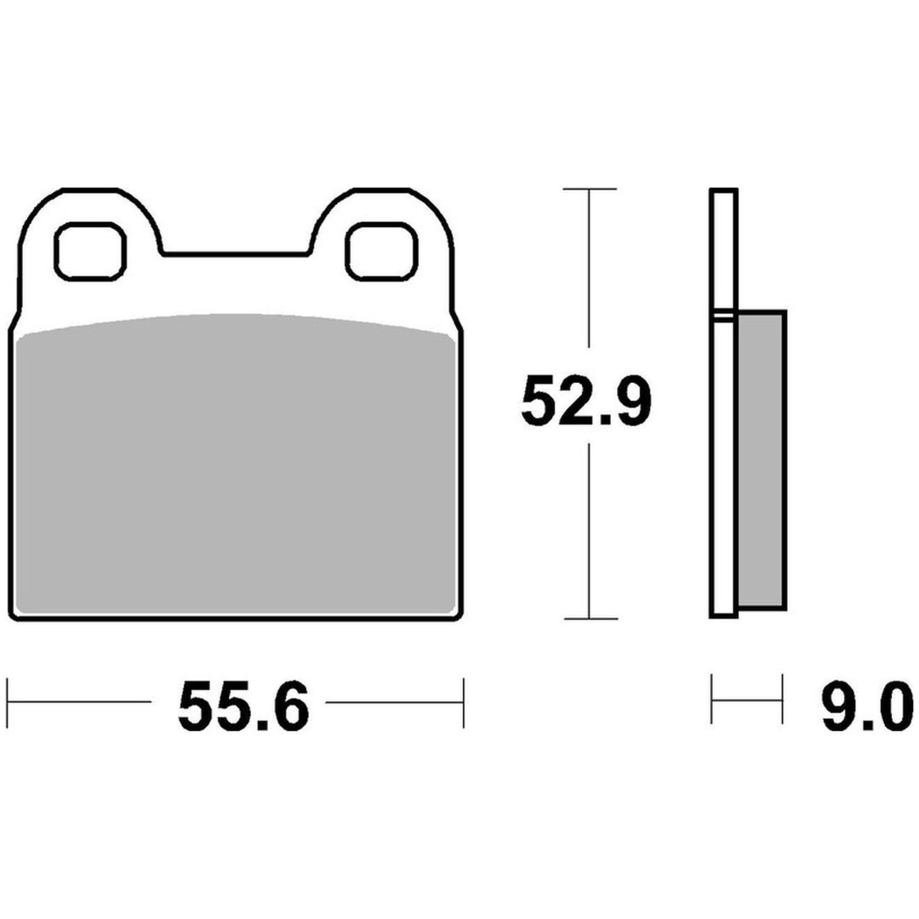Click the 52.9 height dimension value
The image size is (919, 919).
click(585, 401)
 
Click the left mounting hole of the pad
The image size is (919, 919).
click(90, 251)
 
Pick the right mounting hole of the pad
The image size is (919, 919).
click(381, 251)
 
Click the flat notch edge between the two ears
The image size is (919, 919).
click(236, 254)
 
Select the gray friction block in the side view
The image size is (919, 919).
click(761, 460)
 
